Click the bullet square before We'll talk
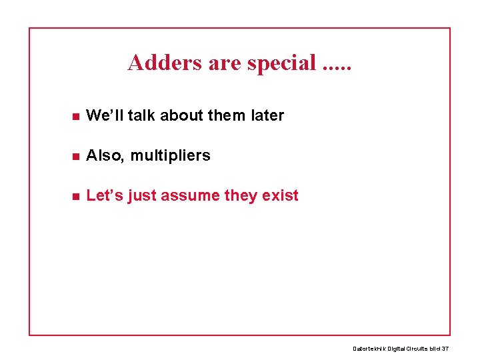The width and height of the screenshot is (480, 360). click(76, 117)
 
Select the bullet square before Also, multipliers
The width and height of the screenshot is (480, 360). click(76, 157)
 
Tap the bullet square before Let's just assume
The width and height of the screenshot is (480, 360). click(76, 197)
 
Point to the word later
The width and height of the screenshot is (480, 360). click(267, 115)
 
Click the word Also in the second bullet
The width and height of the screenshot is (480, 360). click(105, 155)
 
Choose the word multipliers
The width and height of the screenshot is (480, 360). click(170, 155)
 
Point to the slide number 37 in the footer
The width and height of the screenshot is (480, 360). click(445, 349)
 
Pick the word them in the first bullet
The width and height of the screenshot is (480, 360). click(227, 115)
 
